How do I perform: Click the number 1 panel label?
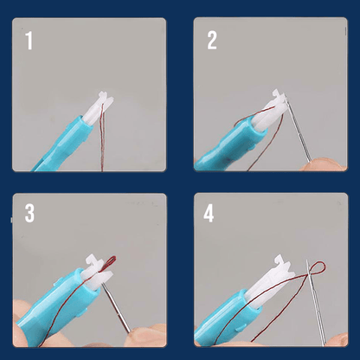coord(29,41)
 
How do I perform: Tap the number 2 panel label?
coord(212,41)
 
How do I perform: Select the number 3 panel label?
coord(30,214)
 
